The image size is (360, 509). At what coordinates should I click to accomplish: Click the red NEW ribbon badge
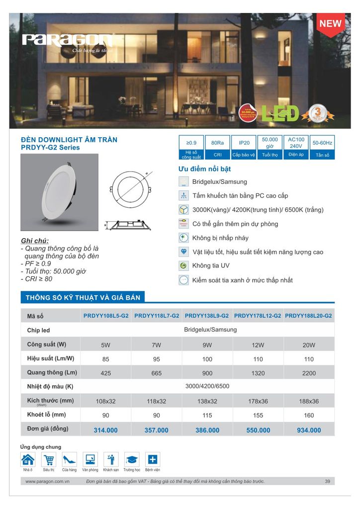[330, 23]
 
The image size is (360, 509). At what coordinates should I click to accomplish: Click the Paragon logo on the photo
[68, 40]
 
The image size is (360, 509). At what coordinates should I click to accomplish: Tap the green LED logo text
[280, 113]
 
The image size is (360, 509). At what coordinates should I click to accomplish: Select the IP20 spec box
[244, 143]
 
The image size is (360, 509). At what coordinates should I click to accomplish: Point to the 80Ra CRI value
[217, 143]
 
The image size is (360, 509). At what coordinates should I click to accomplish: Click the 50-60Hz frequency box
[322, 143]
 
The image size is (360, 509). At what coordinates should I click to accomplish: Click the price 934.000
[309, 430]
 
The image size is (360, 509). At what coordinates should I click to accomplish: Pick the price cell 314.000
[105, 430]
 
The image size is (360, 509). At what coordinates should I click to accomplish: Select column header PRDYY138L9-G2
[207, 316]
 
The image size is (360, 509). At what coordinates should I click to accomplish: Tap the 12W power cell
[258, 345]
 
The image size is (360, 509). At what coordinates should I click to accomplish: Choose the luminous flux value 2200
[309, 373]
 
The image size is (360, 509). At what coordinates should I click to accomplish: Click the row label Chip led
[39, 330]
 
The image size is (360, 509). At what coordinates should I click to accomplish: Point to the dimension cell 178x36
[258, 401]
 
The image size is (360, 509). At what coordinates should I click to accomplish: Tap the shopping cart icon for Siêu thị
[49, 459]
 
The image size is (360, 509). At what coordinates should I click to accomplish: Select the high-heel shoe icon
[70, 459]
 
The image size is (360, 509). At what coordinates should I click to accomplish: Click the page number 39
[327, 481]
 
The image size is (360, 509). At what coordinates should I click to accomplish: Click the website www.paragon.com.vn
[47, 481]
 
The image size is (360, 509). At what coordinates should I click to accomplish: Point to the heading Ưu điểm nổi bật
[204, 169]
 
